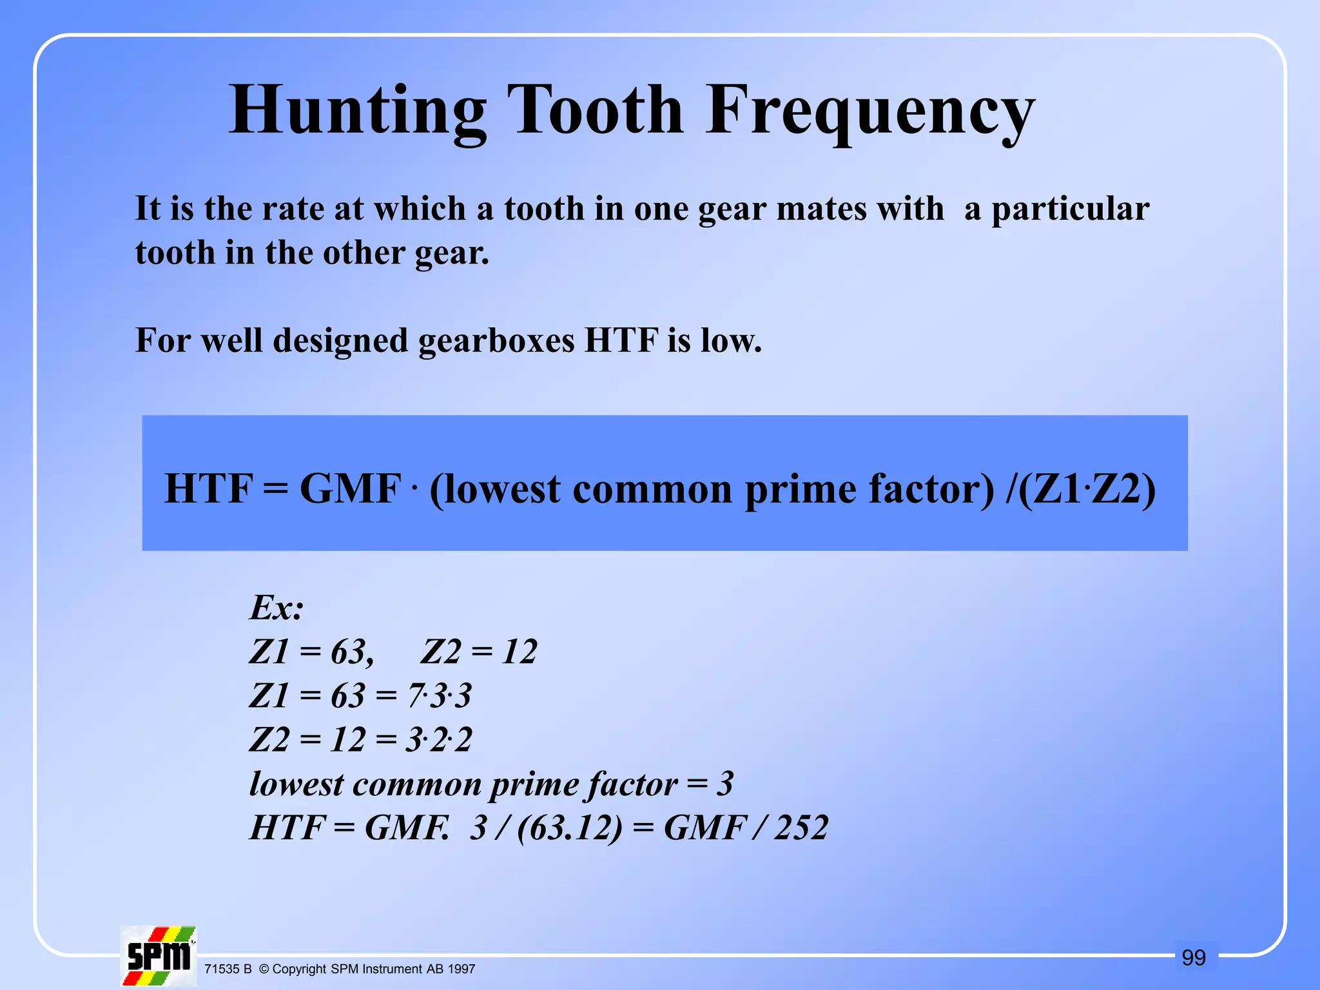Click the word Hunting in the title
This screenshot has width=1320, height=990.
(358, 111)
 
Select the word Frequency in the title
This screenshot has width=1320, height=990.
(870, 111)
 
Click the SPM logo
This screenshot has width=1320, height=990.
(159, 956)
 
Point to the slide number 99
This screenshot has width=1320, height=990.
(1194, 958)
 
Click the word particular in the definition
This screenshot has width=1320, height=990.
(1070, 209)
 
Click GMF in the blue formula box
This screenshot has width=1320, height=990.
(351, 489)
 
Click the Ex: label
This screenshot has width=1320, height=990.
(277, 607)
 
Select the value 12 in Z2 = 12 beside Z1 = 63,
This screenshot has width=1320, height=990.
(519, 652)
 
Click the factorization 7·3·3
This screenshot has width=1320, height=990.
(440, 696)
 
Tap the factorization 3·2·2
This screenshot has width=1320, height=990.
(439, 740)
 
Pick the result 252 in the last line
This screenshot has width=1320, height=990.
(801, 828)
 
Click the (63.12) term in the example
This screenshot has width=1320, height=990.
(570, 828)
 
